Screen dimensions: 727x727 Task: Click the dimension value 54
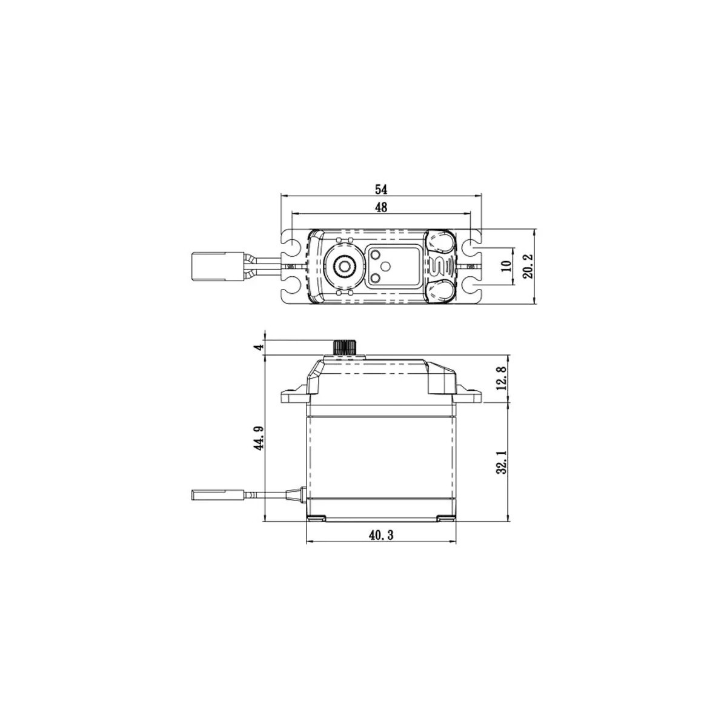[x=381, y=188]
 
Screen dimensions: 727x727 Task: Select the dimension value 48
[x=381, y=207]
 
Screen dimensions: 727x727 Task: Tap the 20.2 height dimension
[x=528, y=267]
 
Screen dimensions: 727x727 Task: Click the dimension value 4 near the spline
[x=259, y=347]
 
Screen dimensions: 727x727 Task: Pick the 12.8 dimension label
[x=500, y=378]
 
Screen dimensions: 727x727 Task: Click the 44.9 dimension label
[x=259, y=437]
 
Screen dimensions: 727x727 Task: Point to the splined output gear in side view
[x=345, y=348]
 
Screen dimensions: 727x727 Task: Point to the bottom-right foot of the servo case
[x=446, y=518]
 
